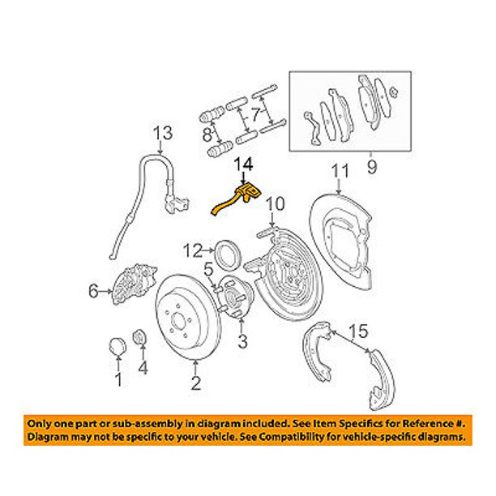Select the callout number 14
click(244, 165)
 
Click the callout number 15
click(358, 331)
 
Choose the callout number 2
click(195, 383)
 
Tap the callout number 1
click(118, 378)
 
